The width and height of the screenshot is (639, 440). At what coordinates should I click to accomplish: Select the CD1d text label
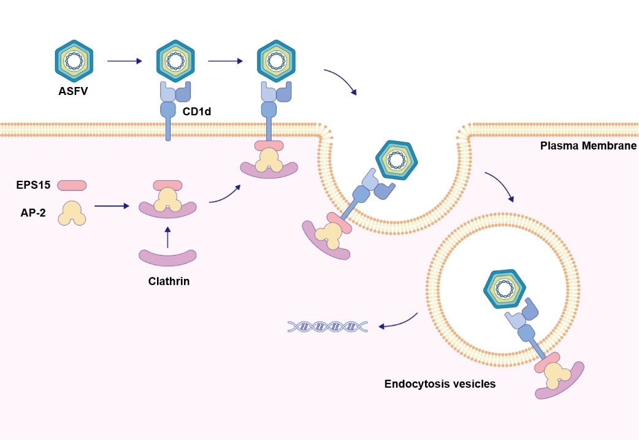pos(196,112)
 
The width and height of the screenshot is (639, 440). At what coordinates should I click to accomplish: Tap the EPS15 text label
pos(34,184)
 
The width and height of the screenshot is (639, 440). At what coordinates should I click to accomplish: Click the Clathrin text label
pos(169,282)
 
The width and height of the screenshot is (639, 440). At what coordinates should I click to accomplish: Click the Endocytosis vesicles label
pos(440,384)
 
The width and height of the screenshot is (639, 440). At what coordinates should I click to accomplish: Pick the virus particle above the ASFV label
pos(74,60)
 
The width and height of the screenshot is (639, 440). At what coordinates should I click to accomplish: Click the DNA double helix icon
pos(327,327)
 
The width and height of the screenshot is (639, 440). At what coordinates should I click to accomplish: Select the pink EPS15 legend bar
pos(72,185)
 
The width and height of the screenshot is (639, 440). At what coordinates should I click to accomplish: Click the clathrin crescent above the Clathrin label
pos(167,257)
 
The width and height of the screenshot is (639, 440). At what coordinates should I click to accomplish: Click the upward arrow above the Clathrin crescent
pos(167,235)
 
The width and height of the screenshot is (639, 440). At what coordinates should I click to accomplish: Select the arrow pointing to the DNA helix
pos(399,322)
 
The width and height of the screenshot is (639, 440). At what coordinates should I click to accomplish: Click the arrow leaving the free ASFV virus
pos(124,61)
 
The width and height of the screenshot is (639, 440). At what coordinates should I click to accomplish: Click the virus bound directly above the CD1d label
pos(176,60)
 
